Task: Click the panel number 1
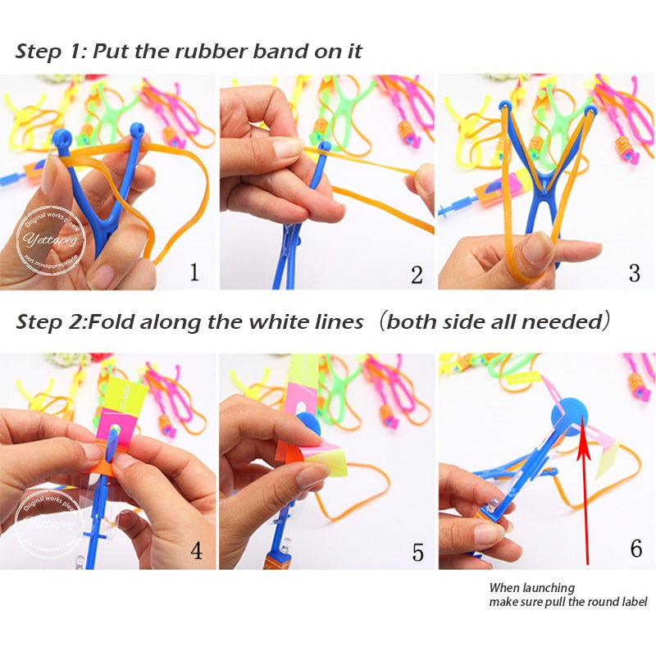[194, 271]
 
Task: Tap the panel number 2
[417, 275]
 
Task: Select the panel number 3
[634, 272]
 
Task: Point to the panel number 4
[196, 549]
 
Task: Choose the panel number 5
[417, 552]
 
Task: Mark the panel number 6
[635, 548]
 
